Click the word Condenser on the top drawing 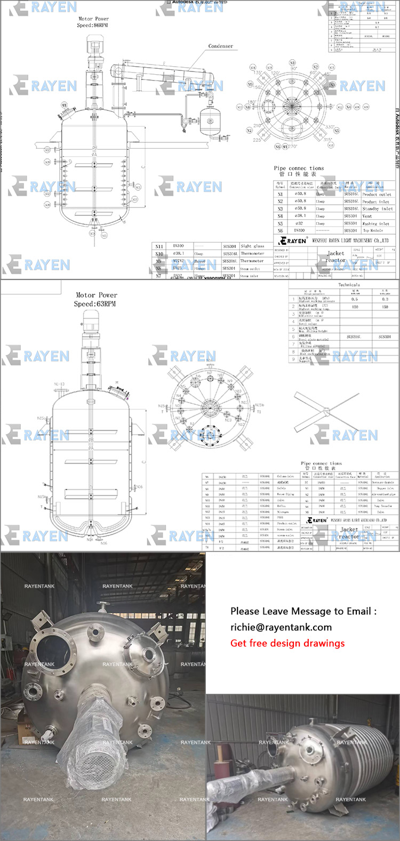[x=220, y=46]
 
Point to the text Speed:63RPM [x=95, y=304]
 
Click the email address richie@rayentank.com [x=281, y=627]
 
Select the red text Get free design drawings [x=287, y=643]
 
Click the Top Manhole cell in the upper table [x=374, y=230]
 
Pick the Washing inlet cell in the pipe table [x=376, y=223]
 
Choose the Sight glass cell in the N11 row [x=252, y=246]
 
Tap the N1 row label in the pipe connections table [x=281, y=194]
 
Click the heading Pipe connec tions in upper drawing [x=299, y=168]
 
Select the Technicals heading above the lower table [x=349, y=285]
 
